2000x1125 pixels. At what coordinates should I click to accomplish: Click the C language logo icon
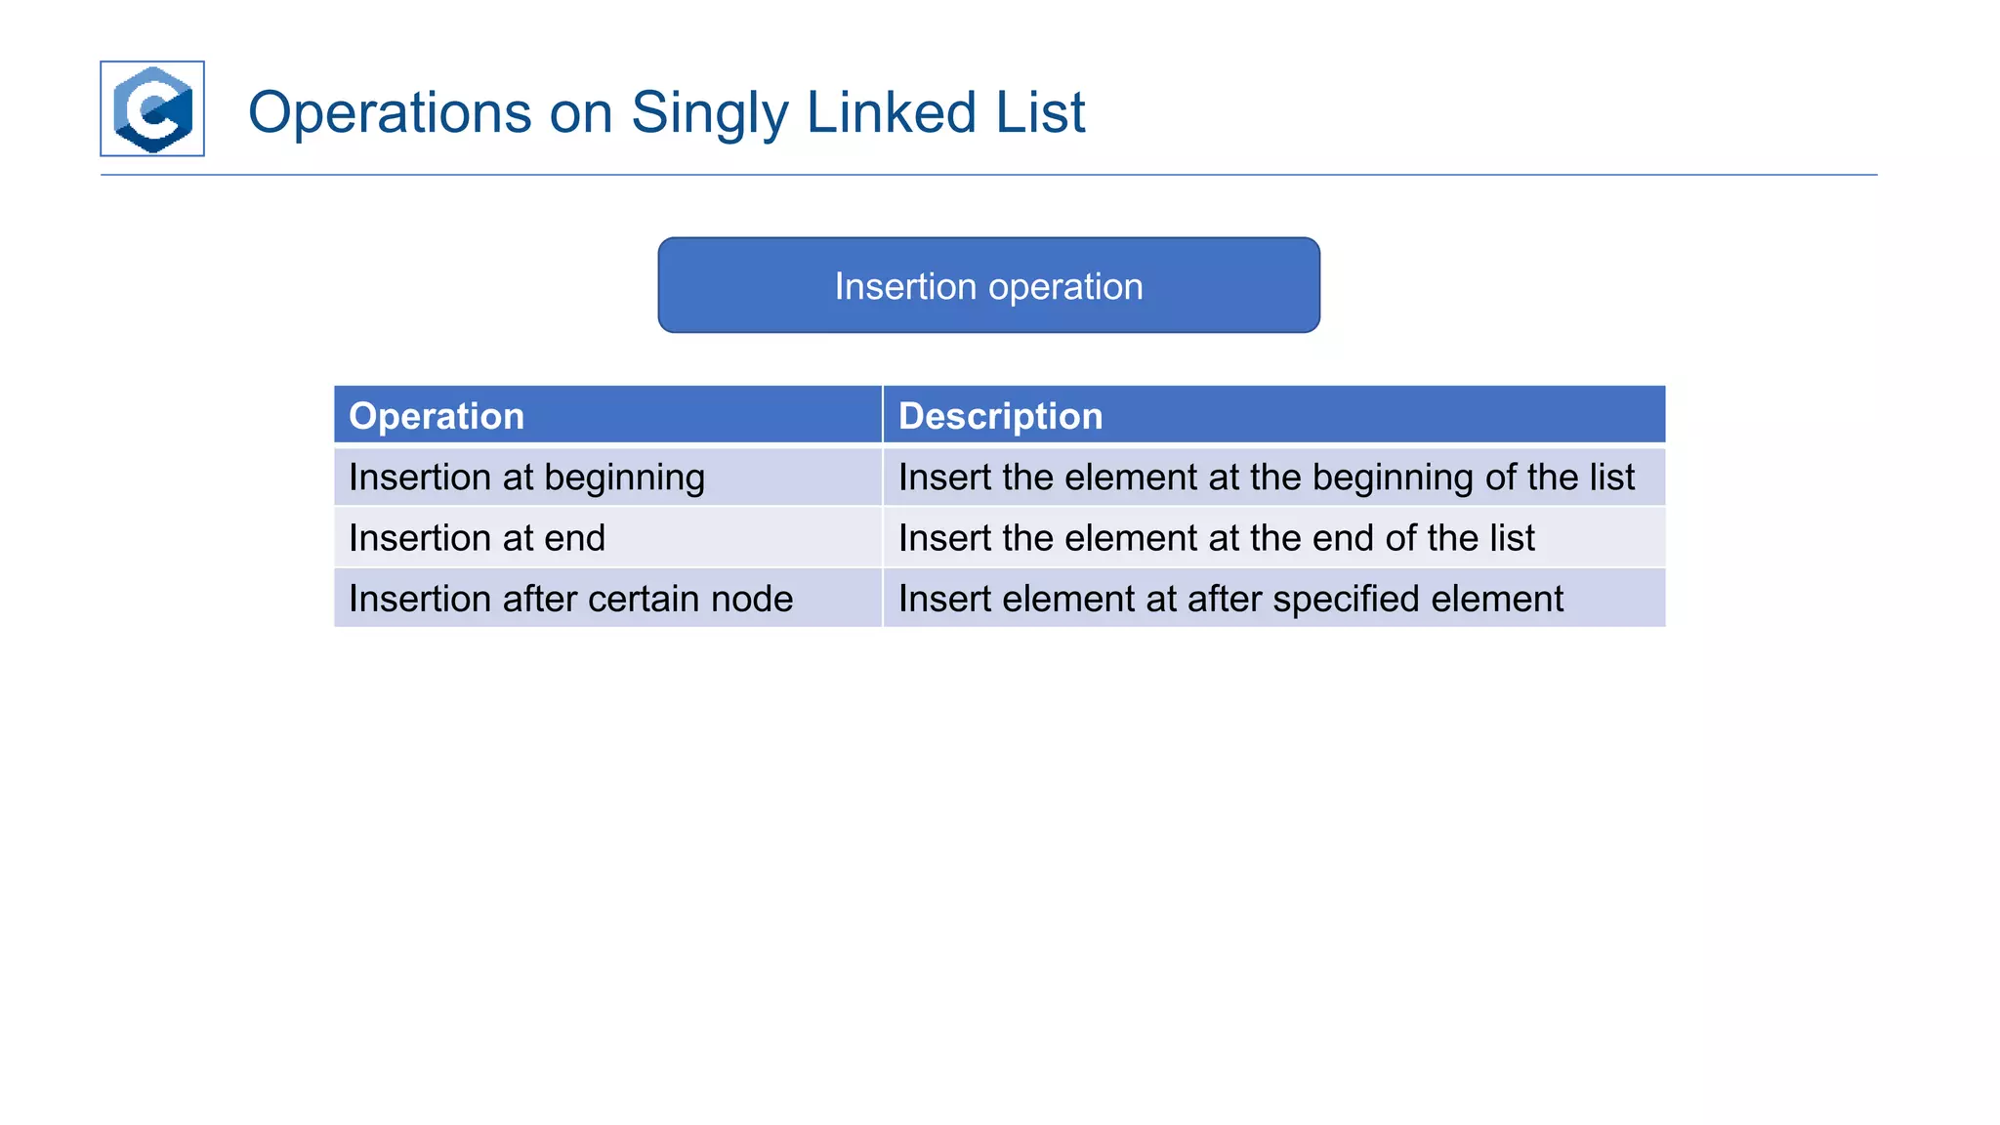pyautogui.click(x=152, y=108)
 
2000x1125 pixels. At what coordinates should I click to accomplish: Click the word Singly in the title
pyautogui.click(x=709, y=113)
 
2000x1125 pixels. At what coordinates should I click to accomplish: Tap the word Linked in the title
pyautogui.click(x=892, y=112)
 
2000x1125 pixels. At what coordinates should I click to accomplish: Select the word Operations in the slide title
pyautogui.click(x=390, y=112)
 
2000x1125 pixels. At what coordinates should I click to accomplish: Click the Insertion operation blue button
pyautogui.click(x=988, y=285)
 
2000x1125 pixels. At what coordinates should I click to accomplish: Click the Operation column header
pyautogui.click(x=437, y=416)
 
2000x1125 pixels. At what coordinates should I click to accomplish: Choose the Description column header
pyautogui.click(x=1000, y=416)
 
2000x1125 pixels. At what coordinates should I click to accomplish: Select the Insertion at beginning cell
pyautogui.click(x=526, y=478)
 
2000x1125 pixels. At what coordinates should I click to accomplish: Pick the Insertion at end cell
pyautogui.click(x=477, y=538)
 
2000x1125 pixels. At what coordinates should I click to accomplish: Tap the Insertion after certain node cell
pyautogui.click(x=570, y=599)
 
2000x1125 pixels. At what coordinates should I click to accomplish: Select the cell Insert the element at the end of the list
pyautogui.click(x=1216, y=538)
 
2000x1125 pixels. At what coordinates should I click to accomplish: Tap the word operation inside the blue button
pyautogui.click(x=1065, y=287)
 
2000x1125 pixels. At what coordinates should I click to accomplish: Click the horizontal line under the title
pyautogui.click(x=988, y=175)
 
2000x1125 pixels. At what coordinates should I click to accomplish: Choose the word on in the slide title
pyautogui.click(x=581, y=113)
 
